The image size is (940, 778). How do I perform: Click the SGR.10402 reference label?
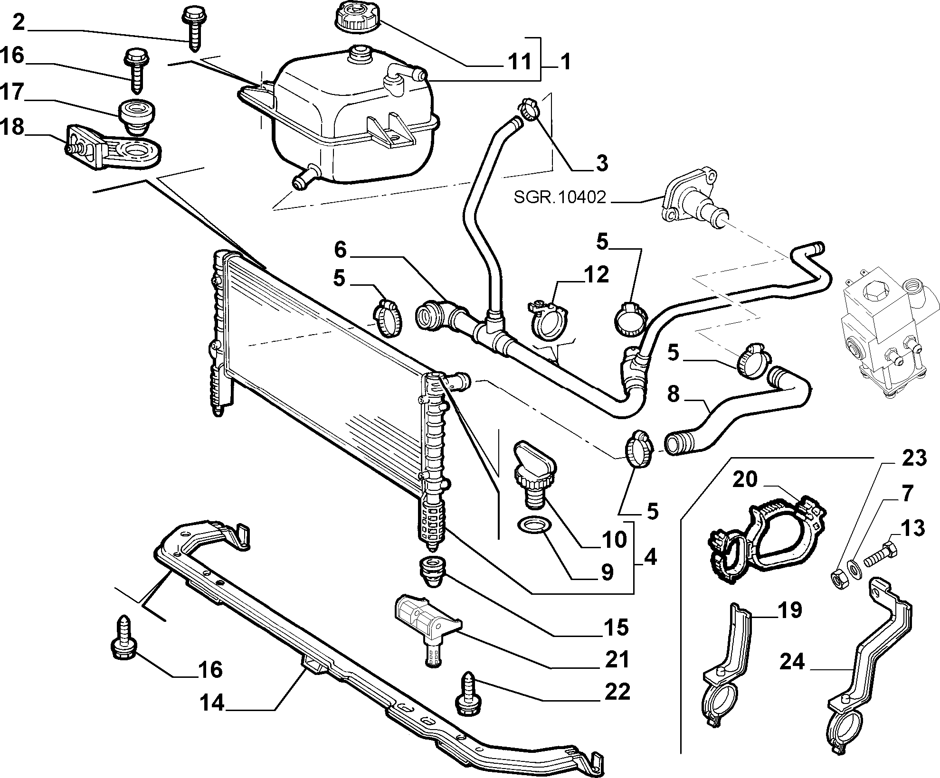560,197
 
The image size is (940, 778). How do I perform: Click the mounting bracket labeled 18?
113,145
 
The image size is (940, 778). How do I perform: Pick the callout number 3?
601,163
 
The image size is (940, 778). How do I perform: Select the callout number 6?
341,250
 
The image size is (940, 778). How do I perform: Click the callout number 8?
674,394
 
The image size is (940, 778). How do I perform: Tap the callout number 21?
617,659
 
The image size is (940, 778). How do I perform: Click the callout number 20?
744,479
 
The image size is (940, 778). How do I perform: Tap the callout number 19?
789,610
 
